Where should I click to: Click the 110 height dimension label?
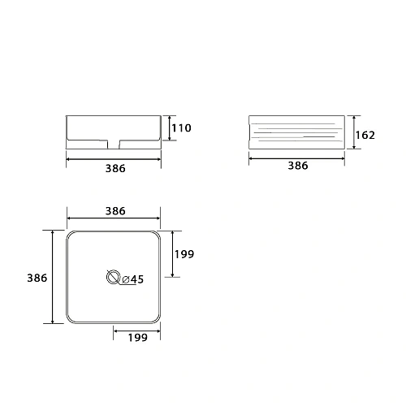[x=180, y=128]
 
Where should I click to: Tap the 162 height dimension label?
[x=366, y=135]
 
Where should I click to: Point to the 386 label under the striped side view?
[x=298, y=166]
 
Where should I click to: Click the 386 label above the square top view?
[x=114, y=210]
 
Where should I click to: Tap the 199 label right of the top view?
[x=185, y=254]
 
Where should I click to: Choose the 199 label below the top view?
[x=136, y=339]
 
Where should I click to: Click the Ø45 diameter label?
[x=132, y=280]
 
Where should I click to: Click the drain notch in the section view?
[x=114, y=144]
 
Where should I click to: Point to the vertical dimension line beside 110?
[x=168, y=128]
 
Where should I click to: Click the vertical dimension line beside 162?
[x=355, y=135]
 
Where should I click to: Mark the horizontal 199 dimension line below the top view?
[x=136, y=330]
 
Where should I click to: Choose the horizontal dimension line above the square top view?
[x=114, y=218]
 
